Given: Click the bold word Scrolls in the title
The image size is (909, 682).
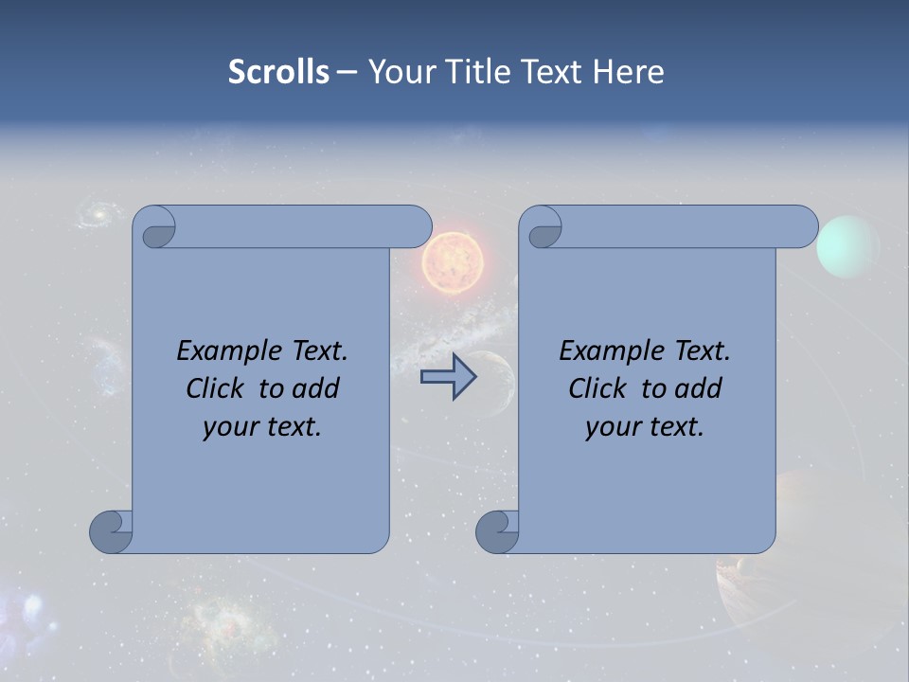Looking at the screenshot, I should pos(278,72).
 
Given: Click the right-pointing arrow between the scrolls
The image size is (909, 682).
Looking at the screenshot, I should pos(448,377).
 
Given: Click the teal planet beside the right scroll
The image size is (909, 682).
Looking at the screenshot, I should pos(847,246).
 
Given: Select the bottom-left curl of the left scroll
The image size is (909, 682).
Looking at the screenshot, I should pos(111,531).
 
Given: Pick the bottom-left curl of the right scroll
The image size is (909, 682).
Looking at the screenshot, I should pos(497,531).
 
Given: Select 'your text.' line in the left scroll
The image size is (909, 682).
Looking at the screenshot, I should pos(262,427).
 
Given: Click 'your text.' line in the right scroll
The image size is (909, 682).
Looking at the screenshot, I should pos(645,427).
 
